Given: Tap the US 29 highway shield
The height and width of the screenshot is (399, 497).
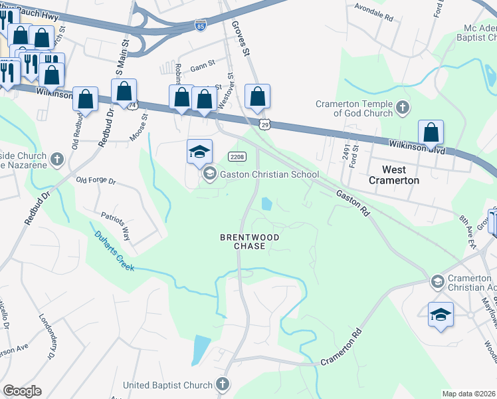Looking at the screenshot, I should (264, 124).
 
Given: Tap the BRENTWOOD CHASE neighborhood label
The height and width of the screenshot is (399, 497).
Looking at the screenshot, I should (250, 241).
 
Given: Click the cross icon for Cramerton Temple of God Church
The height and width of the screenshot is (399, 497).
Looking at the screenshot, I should (402, 108).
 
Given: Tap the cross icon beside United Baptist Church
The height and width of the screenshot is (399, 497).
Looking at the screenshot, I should (223, 384).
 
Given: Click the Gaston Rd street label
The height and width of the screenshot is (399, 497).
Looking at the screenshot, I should (352, 202).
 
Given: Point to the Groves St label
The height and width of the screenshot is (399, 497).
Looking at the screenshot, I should (240, 37).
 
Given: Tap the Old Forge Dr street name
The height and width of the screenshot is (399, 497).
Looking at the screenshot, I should (96, 180).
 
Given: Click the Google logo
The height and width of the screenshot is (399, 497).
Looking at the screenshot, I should (22, 391).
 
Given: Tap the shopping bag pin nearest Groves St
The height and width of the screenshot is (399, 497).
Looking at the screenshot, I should (257, 96).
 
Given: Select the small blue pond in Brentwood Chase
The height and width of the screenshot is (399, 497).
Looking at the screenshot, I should (266, 204).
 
